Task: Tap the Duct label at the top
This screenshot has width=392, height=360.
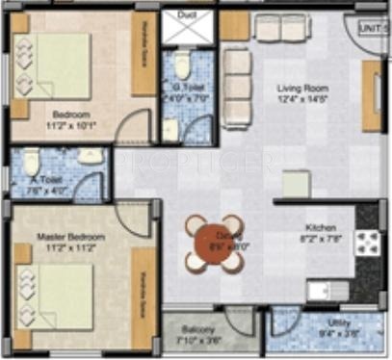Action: pyautogui.click(x=189, y=15)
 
